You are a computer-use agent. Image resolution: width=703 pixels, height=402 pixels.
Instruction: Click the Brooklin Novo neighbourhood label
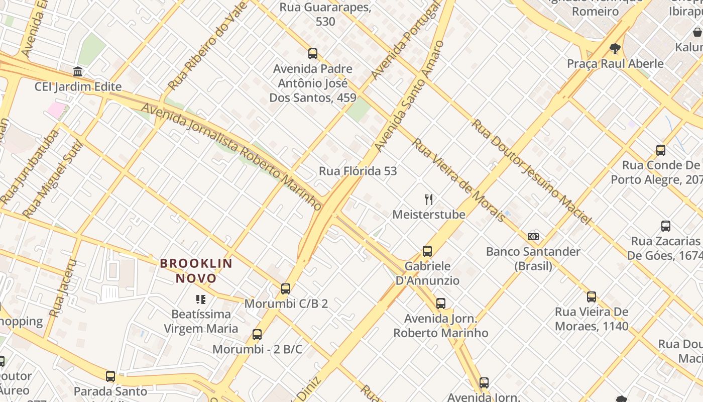pos(196,271)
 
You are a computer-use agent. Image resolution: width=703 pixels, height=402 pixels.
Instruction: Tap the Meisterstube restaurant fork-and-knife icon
pos(429,199)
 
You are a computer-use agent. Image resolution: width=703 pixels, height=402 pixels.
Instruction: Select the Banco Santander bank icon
pos(533,236)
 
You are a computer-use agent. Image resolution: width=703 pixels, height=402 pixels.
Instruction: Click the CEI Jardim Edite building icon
pos(78,71)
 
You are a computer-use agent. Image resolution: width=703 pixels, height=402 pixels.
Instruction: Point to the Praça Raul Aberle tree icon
pos(615,49)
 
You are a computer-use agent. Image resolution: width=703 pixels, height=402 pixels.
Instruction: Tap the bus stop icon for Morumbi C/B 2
pos(286,289)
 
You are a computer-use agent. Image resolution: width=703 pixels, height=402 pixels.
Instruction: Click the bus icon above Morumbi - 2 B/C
pos(257,335)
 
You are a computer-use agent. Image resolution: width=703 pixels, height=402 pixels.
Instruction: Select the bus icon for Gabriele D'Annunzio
pos(427,251)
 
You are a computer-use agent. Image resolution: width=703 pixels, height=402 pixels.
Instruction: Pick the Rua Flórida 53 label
pos(358,171)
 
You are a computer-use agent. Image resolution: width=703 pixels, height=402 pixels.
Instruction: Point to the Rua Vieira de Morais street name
pos(458,180)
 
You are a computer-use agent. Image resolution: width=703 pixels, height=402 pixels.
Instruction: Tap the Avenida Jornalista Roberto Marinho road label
pos(231,156)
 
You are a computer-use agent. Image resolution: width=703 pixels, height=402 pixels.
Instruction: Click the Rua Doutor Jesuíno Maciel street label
pos(531,171)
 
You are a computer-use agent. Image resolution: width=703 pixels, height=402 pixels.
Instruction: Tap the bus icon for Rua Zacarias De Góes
pos(666,226)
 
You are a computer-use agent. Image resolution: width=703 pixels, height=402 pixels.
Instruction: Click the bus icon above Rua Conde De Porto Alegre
pos(661,150)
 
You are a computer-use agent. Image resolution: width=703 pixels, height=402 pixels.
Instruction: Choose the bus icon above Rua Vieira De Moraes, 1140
pos(592,297)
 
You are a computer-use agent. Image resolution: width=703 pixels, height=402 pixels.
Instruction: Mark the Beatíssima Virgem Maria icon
pos(201,300)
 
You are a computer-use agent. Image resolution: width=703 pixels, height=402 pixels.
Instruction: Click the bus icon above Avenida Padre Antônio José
pos(313,54)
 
